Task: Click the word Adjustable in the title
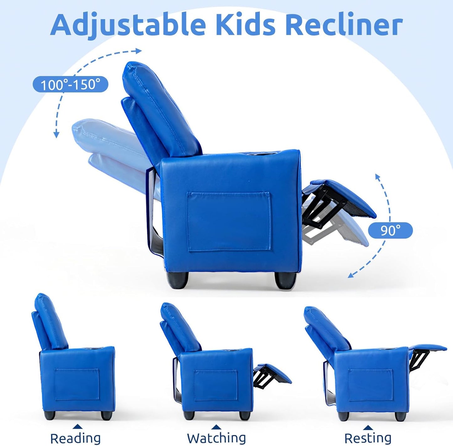click(x=128, y=25)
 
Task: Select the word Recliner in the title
click(x=344, y=25)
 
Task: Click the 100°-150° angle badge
click(x=71, y=85)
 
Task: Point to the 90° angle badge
click(x=390, y=231)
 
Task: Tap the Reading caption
click(x=75, y=438)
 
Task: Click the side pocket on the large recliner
click(x=229, y=221)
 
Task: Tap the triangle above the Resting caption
click(x=368, y=428)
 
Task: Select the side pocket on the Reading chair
click(x=77, y=385)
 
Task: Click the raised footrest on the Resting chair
click(x=428, y=348)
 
